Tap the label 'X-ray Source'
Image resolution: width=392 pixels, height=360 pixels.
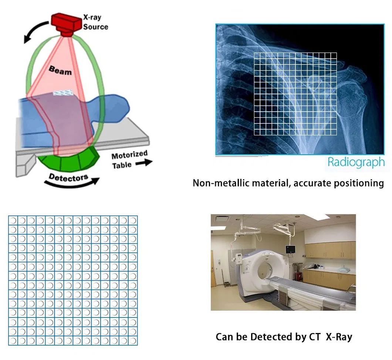click(95, 22)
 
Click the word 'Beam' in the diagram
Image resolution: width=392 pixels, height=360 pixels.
click(60, 70)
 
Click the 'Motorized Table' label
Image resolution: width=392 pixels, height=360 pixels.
click(129, 160)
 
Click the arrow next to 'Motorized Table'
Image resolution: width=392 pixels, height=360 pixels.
click(144, 163)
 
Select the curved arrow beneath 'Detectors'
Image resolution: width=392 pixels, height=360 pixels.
click(72, 185)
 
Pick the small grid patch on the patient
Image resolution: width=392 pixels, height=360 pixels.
click(63, 92)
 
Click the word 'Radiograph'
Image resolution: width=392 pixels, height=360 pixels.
click(356, 162)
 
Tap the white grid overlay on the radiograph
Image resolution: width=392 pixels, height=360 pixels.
click(295, 94)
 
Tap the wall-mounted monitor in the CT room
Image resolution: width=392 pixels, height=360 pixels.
click(290, 249)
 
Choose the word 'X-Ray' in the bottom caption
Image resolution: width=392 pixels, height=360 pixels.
click(339, 337)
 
